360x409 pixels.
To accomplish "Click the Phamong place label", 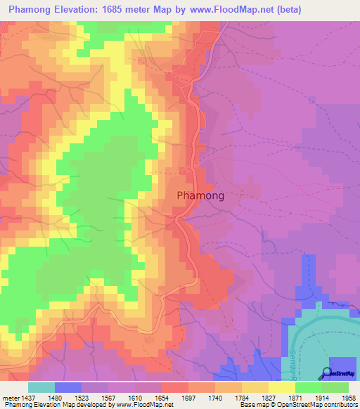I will coord(200,196).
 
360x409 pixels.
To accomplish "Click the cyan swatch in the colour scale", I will coord(41,387).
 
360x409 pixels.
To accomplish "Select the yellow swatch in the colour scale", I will coord(281,387).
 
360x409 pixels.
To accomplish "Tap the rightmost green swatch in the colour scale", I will coord(335,387).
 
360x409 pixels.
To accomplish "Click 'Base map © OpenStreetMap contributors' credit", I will coord(298,405).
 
